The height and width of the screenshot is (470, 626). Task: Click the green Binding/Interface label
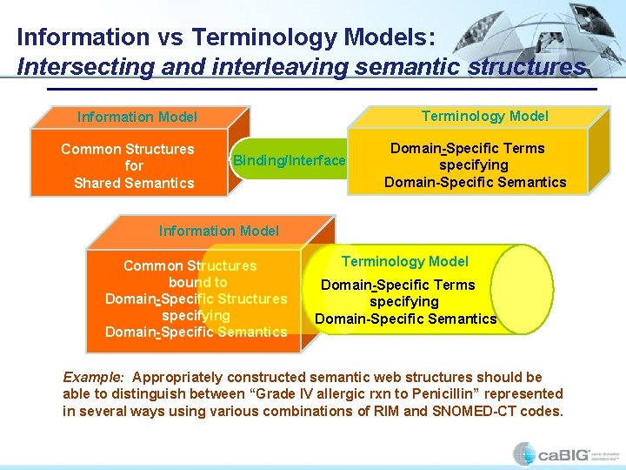(289, 160)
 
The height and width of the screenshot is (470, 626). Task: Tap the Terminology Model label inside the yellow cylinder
(404, 261)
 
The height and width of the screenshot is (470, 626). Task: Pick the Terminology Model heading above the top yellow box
(484, 116)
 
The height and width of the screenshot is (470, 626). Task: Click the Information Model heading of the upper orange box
(137, 117)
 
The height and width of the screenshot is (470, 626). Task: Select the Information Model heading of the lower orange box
(219, 231)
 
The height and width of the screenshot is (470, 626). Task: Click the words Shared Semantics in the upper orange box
(134, 182)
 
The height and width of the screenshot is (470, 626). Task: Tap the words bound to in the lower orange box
(197, 282)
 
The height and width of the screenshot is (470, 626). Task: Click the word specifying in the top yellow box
(474, 164)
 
